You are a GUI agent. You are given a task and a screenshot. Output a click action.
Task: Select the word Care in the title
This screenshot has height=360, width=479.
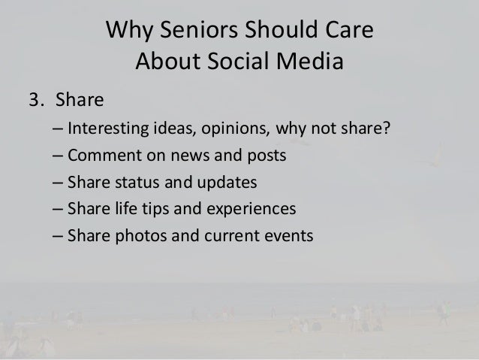(348, 33)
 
